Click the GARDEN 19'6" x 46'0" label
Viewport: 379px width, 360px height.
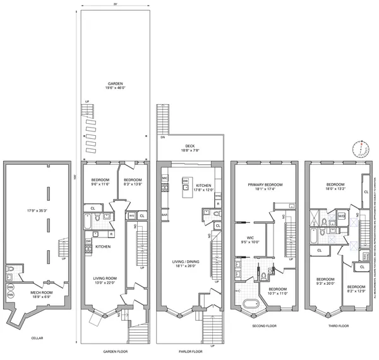click(115, 86)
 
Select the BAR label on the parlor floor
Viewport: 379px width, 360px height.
click(164, 215)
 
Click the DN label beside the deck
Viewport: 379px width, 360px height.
click(162, 137)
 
